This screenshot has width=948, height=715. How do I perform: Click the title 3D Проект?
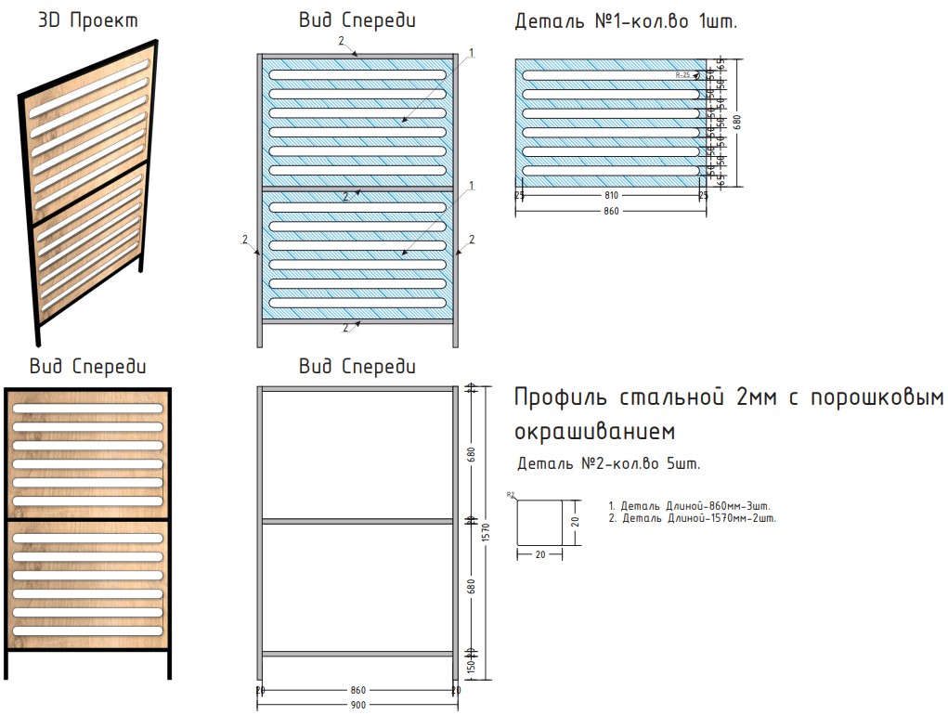[x=88, y=20]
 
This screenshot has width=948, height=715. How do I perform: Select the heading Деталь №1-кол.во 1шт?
[x=626, y=21]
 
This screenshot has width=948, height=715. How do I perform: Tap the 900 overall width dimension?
[x=358, y=705]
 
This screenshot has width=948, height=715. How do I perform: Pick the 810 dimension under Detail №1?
[x=610, y=196]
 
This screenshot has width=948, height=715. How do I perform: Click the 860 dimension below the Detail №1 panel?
[x=610, y=211]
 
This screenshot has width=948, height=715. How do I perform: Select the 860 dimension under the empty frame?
[x=358, y=690]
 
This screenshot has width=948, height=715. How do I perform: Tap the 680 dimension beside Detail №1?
[x=737, y=122]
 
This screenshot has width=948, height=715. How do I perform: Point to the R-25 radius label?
[x=683, y=74]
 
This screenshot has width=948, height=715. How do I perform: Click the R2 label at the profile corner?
[x=511, y=495]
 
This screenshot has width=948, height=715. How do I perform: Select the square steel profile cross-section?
[x=539, y=522]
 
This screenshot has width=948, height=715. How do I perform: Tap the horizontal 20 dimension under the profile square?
[x=539, y=554]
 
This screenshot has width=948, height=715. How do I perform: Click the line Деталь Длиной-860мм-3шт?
[x=691, y=505]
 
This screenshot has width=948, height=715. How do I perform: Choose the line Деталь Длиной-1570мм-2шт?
[x=693, y=518]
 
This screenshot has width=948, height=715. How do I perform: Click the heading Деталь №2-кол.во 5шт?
[x=608, y=462]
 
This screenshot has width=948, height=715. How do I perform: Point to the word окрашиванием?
[x=594, y=433]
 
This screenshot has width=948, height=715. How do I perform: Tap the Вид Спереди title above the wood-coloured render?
[x=87, y=366]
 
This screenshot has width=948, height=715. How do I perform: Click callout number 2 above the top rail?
[x=341, y=41]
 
